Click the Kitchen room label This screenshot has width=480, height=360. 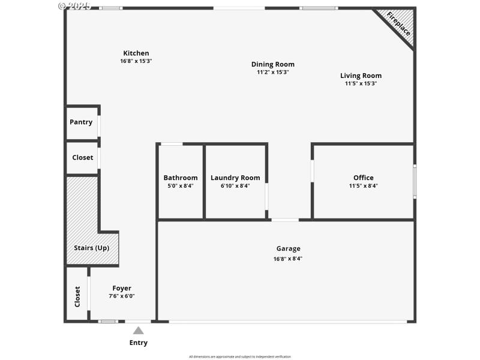[x=136, y=53]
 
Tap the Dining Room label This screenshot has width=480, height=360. [x=273, y=64]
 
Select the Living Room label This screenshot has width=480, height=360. [x=361, y=76]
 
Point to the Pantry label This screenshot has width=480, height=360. [x=81, y=122]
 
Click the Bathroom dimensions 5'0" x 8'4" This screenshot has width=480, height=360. [x=180, y=186]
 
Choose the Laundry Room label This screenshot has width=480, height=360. [x=235, y=178]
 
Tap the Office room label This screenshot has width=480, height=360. [x=363, y=178]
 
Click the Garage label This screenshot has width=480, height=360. [x=288, y=248]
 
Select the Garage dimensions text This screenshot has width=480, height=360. [x=288, y=259]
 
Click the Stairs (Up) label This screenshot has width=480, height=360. [x=92, y=248]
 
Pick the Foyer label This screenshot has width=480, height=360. [x=122, y=288]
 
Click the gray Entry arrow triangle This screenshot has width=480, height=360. [x=138, y=331]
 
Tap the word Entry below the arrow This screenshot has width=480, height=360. [x=138, y=343]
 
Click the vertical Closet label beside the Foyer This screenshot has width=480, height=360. [x=77, y=296]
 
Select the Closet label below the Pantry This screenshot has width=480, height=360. [x=82, y=158]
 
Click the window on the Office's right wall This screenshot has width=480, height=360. [x=414, y=181]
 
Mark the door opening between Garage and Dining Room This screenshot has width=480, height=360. [x=285, y=220]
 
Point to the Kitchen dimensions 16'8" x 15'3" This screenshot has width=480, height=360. [x=136, y=61]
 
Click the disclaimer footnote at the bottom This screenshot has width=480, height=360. [x=240, y=356]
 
